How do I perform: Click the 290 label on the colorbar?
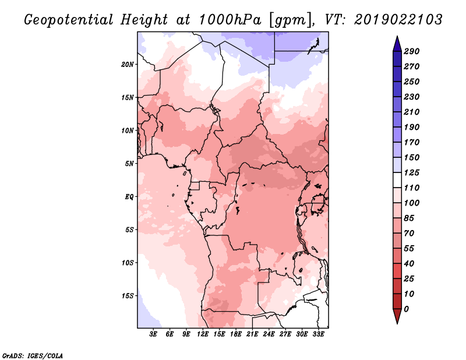411,51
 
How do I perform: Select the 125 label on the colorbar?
411,172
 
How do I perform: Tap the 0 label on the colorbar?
406,309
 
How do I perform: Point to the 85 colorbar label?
409,218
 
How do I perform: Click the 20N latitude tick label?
128,65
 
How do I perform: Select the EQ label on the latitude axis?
129,197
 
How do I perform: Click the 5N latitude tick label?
129,164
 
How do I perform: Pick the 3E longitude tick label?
153,334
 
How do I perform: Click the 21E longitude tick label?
252,334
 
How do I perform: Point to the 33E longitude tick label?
318,334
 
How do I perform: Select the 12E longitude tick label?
202,334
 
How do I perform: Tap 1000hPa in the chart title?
230,20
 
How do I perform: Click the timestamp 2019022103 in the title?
398,20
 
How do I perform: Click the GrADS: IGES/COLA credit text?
33,356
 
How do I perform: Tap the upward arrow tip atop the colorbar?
397,36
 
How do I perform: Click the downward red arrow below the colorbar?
397,316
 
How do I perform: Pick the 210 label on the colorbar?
411,112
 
